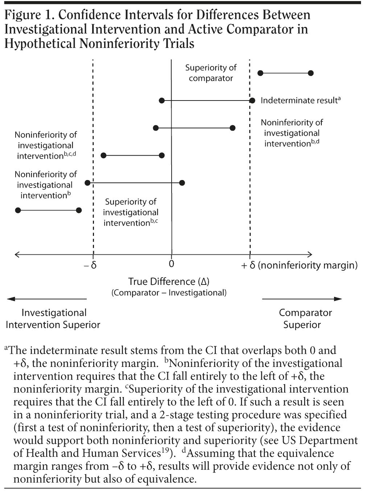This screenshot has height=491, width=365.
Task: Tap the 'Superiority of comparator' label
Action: pos(211,73)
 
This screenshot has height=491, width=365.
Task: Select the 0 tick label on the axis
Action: pos(172,264)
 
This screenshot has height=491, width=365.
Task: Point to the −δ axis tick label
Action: pos(90,265)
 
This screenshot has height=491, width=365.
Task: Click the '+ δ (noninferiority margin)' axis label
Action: pos(299,265)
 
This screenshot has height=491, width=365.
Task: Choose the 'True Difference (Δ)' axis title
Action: pos(169,282)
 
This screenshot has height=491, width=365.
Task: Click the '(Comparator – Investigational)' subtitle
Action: pos(169,293)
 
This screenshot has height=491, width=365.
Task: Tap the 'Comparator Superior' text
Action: pos(305,318)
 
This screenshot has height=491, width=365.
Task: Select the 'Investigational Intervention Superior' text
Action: pos(53,318)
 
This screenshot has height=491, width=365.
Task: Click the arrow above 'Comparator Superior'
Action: pos(302,299)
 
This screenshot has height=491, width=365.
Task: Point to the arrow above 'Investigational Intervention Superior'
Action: pos(47,299)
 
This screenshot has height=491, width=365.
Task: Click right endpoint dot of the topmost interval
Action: pos(311,73)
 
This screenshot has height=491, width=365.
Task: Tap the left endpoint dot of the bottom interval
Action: pos(18,210)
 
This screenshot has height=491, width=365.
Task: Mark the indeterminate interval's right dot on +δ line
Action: pos(252,101)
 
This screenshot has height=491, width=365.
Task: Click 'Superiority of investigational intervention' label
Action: pos(131,212)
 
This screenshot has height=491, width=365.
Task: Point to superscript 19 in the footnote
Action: pos(166,451)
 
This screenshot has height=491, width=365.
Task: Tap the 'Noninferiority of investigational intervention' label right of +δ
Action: pos(292,133)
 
